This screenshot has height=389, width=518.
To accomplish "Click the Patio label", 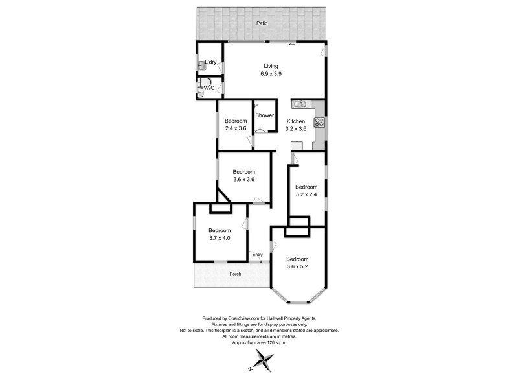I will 261,23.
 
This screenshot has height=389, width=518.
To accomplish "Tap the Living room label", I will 271,66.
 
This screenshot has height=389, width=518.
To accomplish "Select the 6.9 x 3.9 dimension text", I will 271,74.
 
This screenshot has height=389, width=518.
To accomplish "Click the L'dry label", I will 210,62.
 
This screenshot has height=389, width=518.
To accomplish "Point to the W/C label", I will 209,88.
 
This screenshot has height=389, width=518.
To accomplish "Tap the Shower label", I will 264,115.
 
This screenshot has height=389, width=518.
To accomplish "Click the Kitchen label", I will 296,121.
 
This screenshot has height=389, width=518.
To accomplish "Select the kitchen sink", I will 300,104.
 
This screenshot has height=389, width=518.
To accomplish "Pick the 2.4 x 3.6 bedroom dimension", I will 236,128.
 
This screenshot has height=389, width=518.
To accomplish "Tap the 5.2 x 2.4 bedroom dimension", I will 308,194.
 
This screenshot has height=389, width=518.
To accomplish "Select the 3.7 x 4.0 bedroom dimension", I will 220,238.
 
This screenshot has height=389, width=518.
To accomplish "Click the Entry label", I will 257,254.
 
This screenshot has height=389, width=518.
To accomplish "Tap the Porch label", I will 235,274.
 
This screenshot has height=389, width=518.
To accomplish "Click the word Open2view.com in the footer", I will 244,318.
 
